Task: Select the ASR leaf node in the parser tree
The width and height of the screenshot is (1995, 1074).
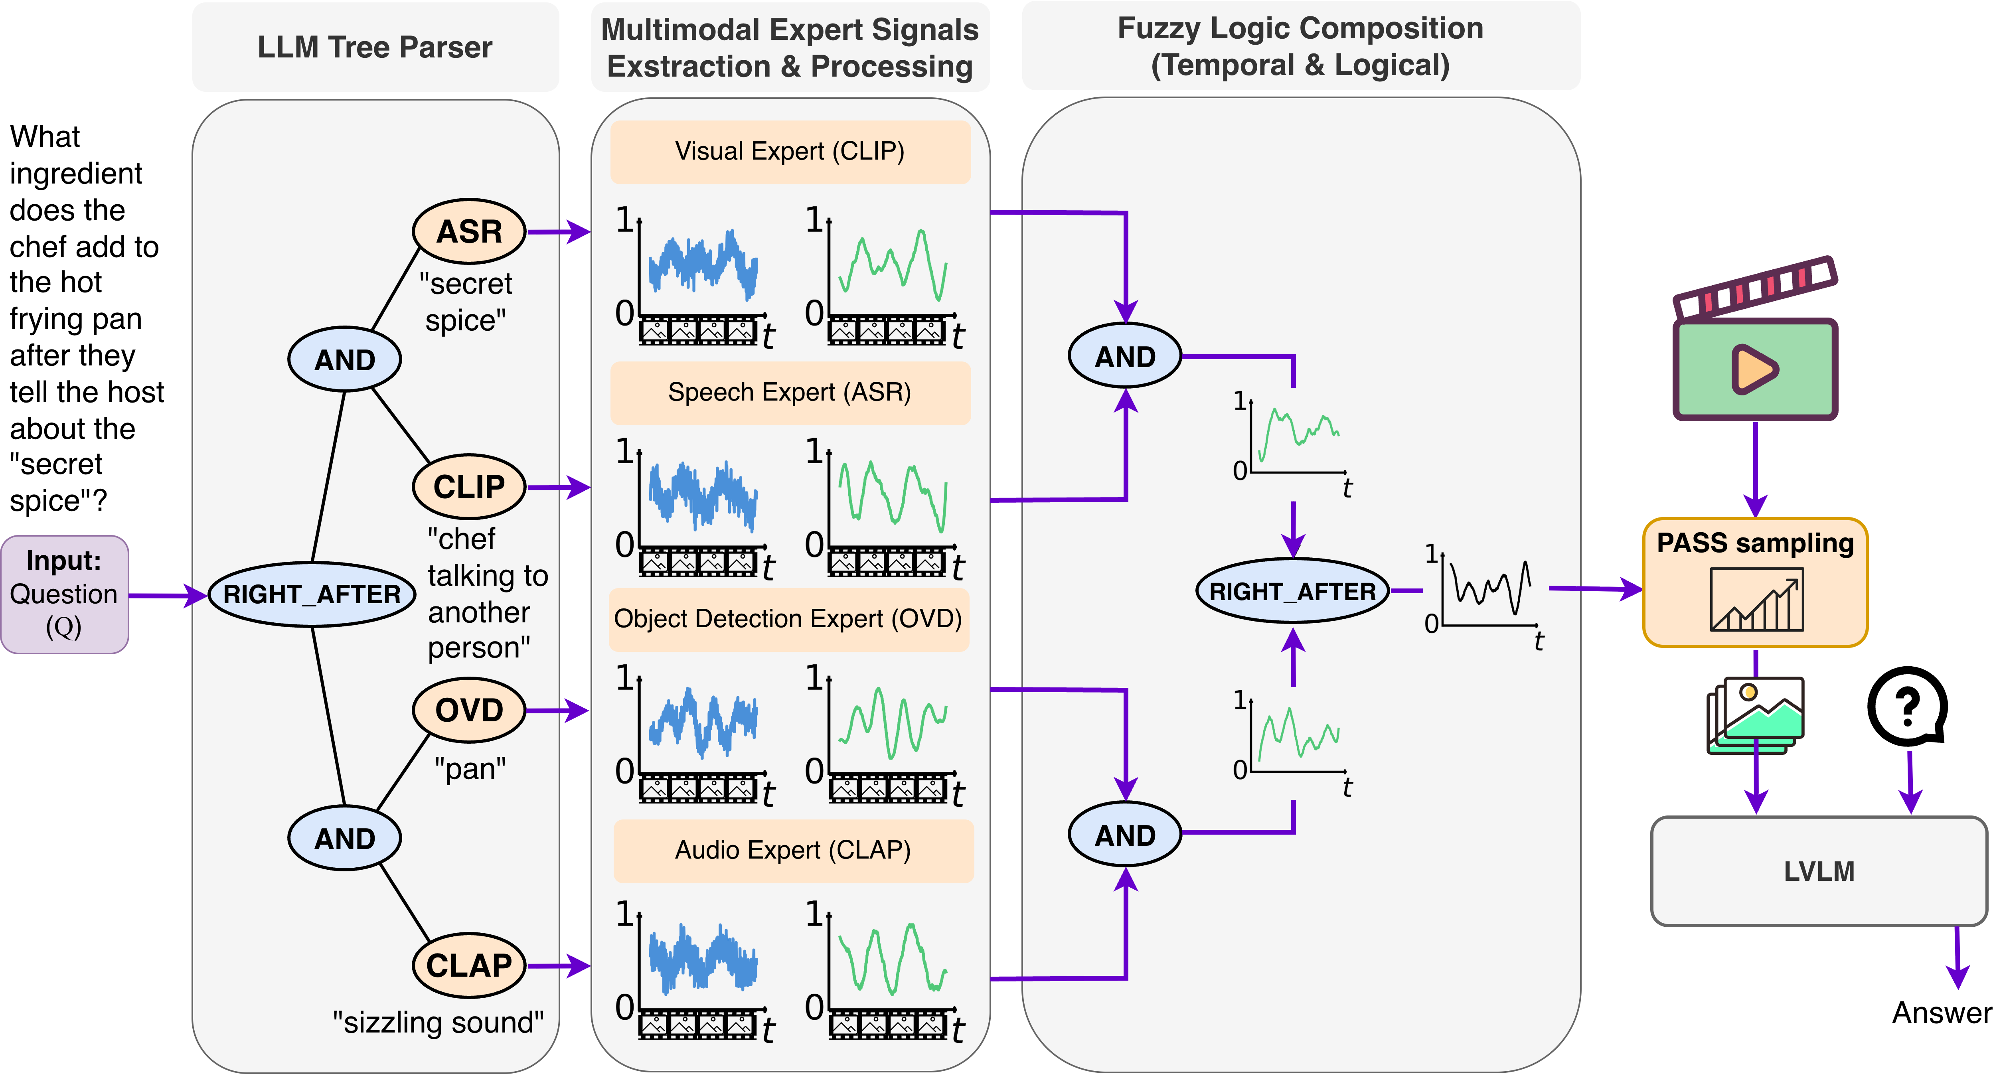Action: point(469,231)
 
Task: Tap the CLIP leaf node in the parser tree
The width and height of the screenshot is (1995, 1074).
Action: point(469,486)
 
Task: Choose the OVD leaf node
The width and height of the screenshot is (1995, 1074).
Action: point(469,709)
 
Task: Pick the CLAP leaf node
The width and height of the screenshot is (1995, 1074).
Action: point(469,965)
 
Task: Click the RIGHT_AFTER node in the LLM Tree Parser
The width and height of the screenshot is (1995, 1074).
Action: point(312,594)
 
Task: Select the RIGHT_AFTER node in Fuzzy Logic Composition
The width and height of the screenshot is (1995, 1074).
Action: point(1293,591)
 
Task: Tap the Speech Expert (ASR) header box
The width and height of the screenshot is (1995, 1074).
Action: point(790,393)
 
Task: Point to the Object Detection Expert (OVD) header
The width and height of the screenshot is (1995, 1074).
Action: point(788,619)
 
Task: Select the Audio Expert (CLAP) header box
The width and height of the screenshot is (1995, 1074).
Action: point(793,850)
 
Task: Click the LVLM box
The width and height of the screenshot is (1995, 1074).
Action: point(1819,871)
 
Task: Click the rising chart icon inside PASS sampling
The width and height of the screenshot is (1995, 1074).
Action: point(1756,600)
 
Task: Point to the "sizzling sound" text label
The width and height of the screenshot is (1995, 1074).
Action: point(439,1022)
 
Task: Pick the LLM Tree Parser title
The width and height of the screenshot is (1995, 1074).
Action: point(375,47)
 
